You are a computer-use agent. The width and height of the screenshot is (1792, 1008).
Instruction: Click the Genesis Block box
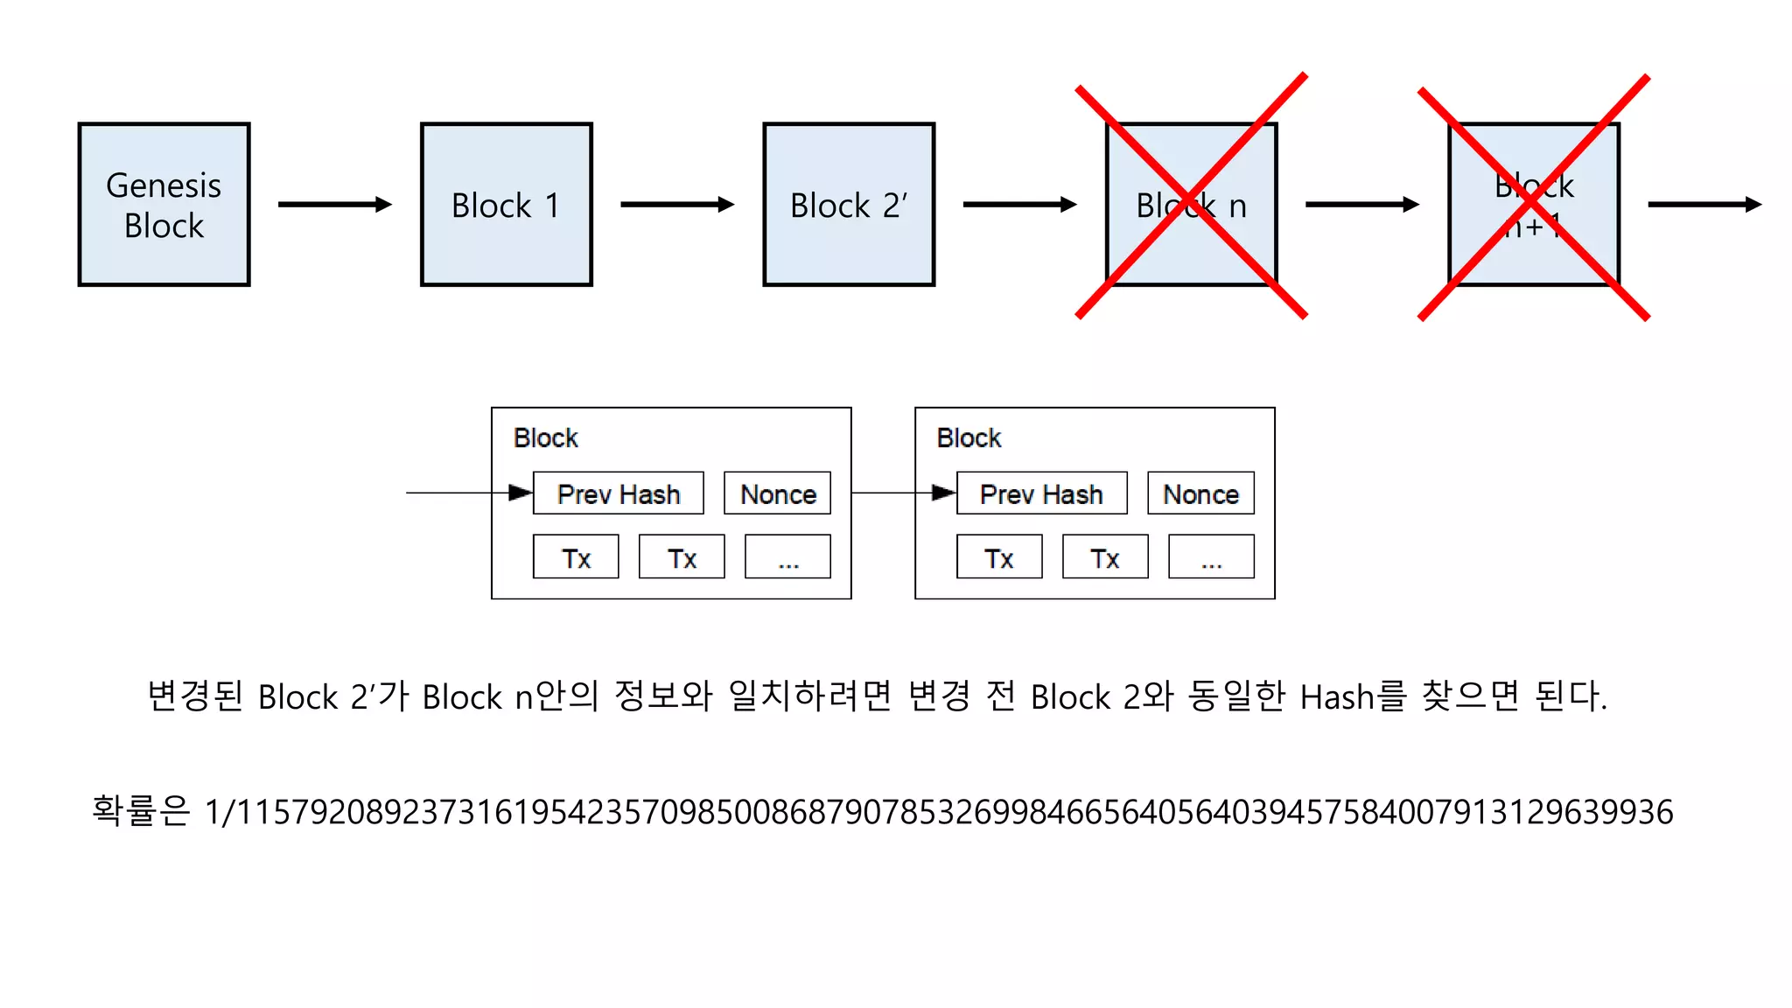[x=164, y=204]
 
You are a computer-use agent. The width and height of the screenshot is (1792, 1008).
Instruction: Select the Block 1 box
[x=506, y=204]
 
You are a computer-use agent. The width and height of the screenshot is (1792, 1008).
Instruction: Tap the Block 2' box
[x=848, y=204]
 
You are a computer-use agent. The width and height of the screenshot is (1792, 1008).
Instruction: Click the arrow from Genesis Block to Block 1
[x=334, y=204]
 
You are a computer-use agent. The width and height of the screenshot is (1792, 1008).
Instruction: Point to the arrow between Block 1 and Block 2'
[x=676, y=204]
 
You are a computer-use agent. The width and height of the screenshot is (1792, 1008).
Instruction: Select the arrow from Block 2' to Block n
[x=1018, y=204]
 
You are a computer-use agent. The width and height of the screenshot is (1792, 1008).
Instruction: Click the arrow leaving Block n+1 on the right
[x=1704, y=204]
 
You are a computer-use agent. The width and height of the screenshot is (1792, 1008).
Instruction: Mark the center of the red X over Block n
[x=1191, y=197]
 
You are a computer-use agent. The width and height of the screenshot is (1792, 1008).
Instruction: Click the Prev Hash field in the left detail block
[x=618, y=493]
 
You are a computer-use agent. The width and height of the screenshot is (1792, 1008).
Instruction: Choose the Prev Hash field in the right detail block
[x=1041, y=493]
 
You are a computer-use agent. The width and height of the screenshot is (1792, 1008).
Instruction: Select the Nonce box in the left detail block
[x=777, y=493]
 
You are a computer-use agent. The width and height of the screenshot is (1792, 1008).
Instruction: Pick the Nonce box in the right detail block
[x=1200, y=493]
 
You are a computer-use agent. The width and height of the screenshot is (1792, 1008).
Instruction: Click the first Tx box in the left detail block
[x=576, y=557]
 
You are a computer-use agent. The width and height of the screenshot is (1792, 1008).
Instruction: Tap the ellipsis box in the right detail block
[x=1211, y=557]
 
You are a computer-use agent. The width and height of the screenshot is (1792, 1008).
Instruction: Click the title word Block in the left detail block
[x=545, y=437]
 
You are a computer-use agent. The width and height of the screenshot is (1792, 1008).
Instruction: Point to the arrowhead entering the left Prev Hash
[x=521, y=493]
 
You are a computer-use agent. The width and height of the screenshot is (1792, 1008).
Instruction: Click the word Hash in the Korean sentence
[x=1337, y=697]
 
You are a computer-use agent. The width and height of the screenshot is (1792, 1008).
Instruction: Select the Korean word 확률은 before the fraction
[x=140, y=810]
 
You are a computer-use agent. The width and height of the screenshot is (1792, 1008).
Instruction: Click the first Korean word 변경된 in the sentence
[x=194, y=696]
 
